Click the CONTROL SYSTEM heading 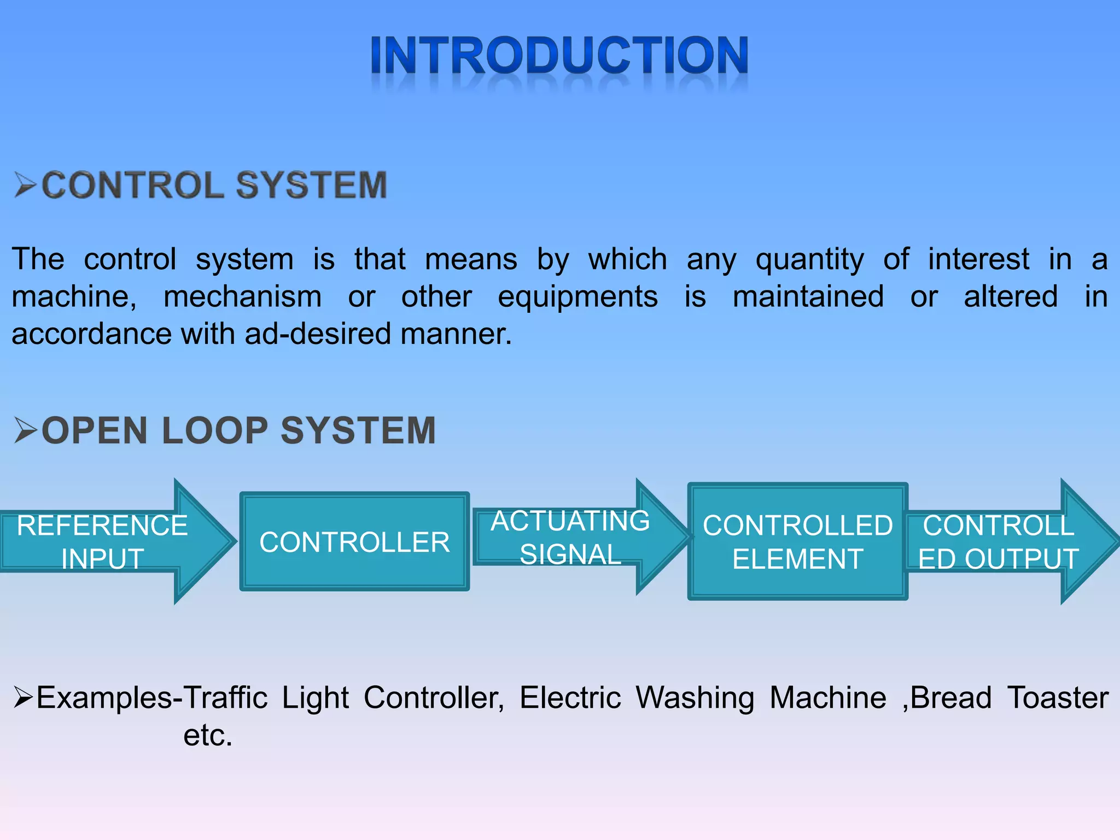click(214, 185)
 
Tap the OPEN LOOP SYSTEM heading click(238, 430)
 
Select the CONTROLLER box click(354, 541)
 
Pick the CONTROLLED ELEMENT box click(797, 541)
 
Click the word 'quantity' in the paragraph click(809, 260)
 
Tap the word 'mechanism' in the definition click(242, 297)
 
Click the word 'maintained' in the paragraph click(808, 297)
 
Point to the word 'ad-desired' click(318, 334)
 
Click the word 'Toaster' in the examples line click(1058, 698)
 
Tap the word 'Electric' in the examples click(570, 698)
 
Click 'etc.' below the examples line click(208, 736)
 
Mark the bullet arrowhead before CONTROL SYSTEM click(25, 185)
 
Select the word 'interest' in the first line click(978, 259)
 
